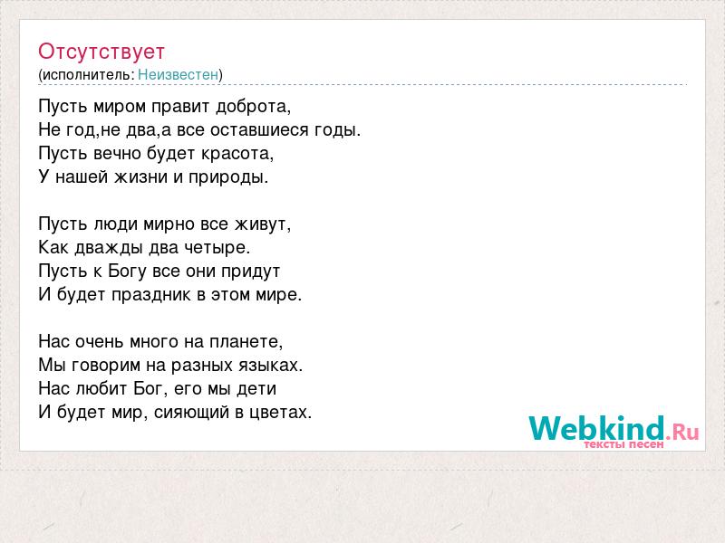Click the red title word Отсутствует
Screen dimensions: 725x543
click(101, 52)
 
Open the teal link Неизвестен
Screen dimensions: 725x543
click(178, 74)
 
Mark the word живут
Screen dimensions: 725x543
click(261, 224)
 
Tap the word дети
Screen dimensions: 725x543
click(256, 389)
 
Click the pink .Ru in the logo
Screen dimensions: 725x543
click(682, 433)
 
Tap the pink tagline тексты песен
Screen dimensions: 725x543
click(623, 444)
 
